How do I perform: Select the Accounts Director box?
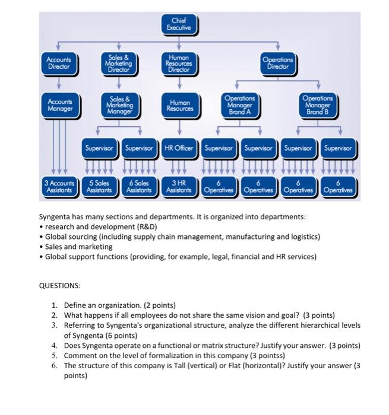pos(58,64)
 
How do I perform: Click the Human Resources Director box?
pos(180,64)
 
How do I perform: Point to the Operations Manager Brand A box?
pos(240,106)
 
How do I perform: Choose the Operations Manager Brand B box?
pos(318,106)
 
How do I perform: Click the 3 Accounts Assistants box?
pos(59,187)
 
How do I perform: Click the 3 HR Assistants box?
pos(179,187)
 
